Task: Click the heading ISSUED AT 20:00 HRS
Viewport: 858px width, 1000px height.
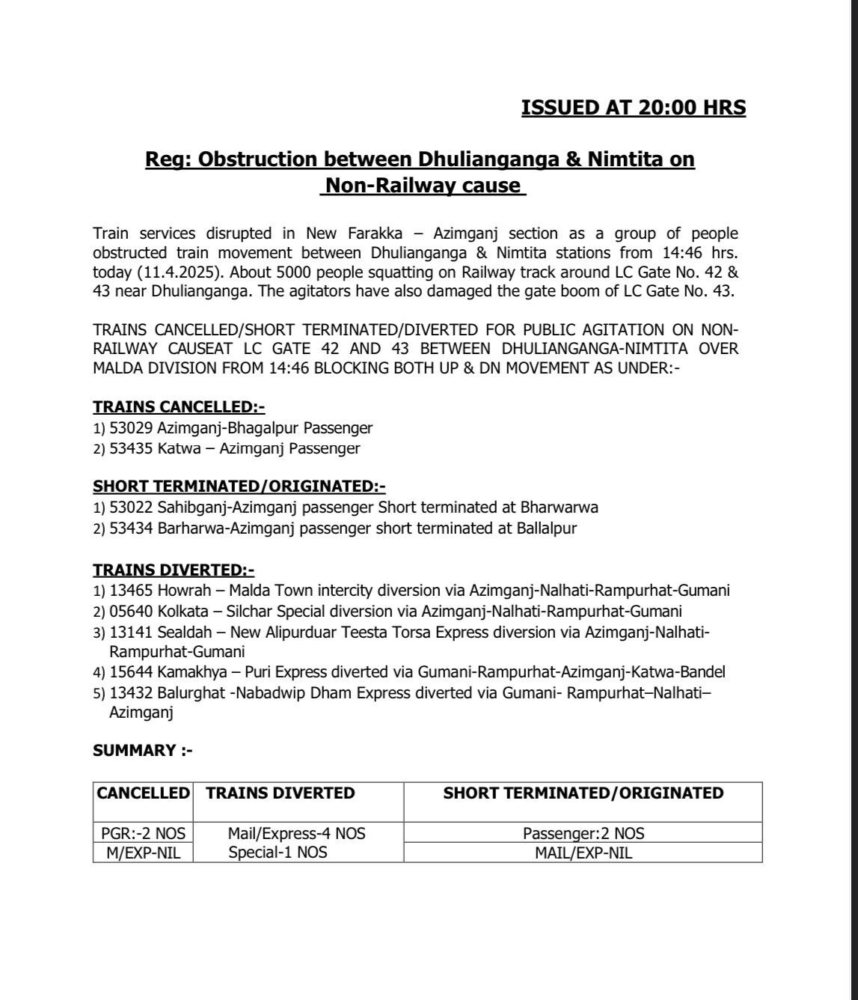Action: (x=633, y=108)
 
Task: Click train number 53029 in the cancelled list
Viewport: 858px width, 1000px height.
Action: (x=131, y=428)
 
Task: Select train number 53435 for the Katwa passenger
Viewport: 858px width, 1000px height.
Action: (x=131, y=448)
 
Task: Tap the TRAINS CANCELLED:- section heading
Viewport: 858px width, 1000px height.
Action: (x=179, y=407)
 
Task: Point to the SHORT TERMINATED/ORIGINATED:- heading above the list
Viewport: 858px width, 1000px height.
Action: (x=239, y=487)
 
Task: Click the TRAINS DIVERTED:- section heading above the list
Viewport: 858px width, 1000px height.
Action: (x=174, y=570)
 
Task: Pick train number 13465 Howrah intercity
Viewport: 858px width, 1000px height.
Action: (x=131, y=590)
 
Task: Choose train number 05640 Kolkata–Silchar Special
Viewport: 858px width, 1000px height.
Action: (x=131, y=611)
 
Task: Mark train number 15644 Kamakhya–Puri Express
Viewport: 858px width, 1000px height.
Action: (x=131, y=672)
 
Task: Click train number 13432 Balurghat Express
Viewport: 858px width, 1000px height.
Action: (x=131, y=693)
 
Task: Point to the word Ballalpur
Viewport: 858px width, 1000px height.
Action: (x=546, y=528)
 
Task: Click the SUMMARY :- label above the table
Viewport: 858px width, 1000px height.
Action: (x=143, y=751)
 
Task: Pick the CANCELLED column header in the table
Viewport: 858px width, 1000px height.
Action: (x=144, y=793)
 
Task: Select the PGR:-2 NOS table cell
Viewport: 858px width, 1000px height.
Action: (x=144, y=833)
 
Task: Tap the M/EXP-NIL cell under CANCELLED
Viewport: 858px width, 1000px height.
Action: (x=144, y=853)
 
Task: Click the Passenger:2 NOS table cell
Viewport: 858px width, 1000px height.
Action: (x=583, y=833)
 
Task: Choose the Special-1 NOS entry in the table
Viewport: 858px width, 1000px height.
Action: (x=278, y=853)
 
